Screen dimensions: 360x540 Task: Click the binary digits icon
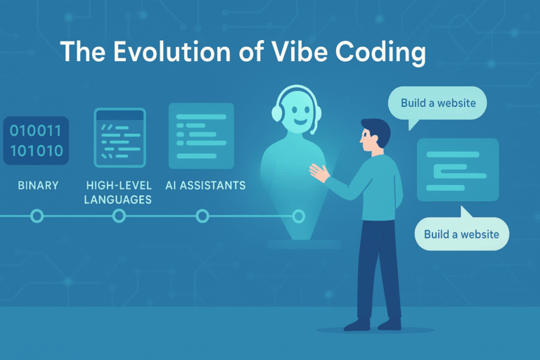tap(36, 141)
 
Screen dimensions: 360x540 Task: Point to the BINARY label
tap(38, 186)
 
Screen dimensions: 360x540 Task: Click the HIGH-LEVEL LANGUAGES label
tap(117, 192)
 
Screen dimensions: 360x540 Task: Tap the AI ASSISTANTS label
tap(205, 186)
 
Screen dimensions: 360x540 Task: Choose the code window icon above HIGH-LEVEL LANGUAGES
tap(119, 136)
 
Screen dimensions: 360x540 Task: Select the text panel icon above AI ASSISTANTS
tap(201, 131)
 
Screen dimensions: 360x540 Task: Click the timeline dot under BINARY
tap(37, 216)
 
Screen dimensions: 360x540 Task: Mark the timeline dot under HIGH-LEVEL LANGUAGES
tap(119, 216)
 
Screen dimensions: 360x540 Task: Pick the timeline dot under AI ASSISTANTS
tap(202, 216)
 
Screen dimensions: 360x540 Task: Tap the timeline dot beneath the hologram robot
tap(298, 216)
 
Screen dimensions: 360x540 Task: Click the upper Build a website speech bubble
tap(438, 104)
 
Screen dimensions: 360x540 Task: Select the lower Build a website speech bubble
tap(461, 233)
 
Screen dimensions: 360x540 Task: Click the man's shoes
tap(373, 324)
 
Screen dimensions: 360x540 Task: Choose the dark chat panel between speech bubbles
tap(458, 169)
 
